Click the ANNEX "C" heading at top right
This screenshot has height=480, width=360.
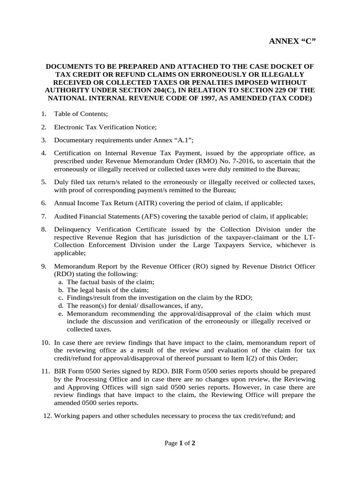pos(292,41)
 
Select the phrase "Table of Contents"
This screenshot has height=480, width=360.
pos(81,114)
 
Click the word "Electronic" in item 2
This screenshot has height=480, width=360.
pos(69,127)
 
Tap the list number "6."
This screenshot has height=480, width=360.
pos(43,203)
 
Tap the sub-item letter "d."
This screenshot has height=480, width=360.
pos(61,306)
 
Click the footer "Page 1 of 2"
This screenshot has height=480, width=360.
pos(180,443)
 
